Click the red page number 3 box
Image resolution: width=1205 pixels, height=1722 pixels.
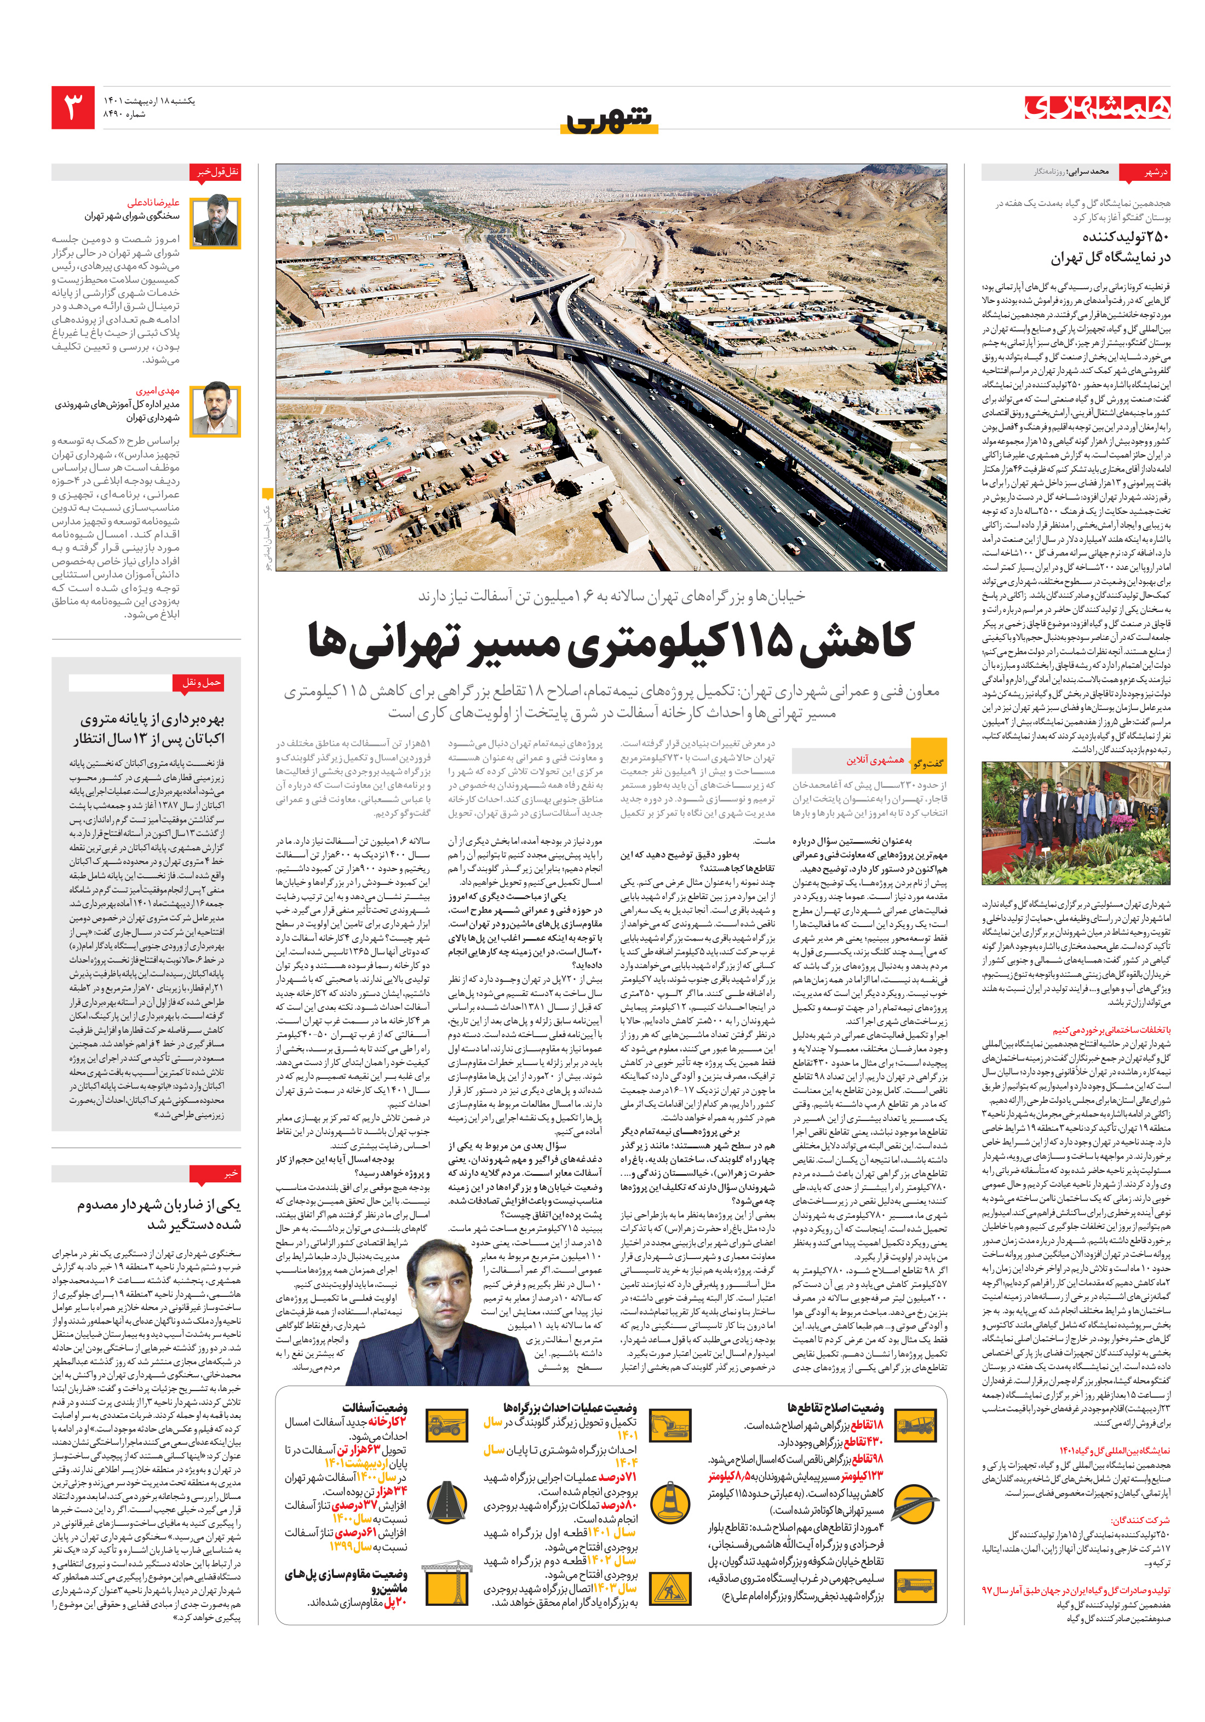pos(73,107)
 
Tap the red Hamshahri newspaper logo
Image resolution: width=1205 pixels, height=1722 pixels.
pos(1097,107)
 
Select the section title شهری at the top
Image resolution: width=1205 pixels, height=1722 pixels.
pos(609,118)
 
